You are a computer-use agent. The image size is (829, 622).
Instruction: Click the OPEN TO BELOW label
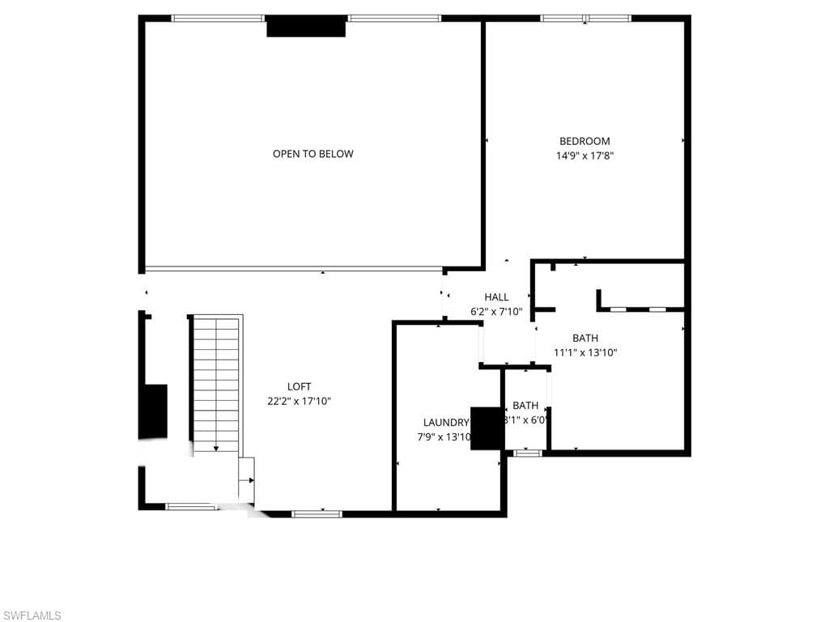click(x=312, y=154)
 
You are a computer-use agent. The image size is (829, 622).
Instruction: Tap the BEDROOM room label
click(x=585, y=141)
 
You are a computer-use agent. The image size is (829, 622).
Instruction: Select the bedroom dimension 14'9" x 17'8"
click(x=585, y=156)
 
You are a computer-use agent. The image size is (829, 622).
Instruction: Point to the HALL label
click(x=496, y=297)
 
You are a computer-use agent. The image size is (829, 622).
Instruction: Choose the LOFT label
click(x=299, y=386)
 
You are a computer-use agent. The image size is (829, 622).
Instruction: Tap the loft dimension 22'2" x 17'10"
click(x=299, y=401)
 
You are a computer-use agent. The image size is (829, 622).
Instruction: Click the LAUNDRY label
click(x=446, y=422)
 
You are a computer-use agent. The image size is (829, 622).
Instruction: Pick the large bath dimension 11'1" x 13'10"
click(x=590, y=352)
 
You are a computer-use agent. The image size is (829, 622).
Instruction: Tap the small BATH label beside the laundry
click(x=525, y=405)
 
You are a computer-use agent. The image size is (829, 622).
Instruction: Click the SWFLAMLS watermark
click(x=32, y=616)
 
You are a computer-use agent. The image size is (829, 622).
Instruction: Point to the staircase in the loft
click(x=216, y=385)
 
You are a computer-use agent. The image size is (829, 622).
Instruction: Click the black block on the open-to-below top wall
click(x=306, y=27)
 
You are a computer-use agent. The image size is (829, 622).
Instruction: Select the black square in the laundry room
click(x=487, y=428)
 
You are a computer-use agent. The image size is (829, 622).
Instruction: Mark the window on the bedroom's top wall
click(x=585, y=18)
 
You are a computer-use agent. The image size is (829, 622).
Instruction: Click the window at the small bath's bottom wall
click(x=528, y=453)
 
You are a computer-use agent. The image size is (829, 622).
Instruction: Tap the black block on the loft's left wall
click(x=154, y=411)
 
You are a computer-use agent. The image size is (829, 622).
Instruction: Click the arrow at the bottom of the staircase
click(x=216, y=448)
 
